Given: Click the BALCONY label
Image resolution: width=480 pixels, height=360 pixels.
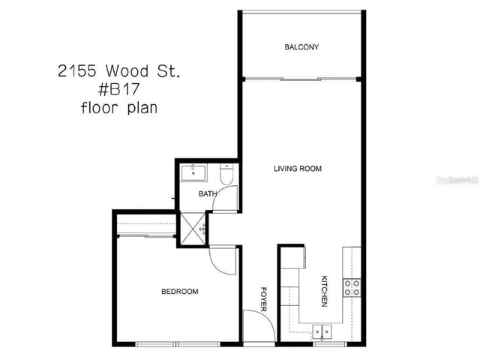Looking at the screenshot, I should [x=301, y=47].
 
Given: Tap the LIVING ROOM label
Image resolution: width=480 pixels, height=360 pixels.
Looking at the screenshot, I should [x=297, y=169].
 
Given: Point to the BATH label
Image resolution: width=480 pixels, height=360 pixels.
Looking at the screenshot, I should [x=207, y=194].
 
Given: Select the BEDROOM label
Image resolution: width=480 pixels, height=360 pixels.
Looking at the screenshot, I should [x=180, y=292].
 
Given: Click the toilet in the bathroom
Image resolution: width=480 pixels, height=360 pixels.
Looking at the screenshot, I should [x=227, y=175].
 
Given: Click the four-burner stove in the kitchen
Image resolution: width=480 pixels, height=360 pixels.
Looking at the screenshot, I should [x=352, y=286].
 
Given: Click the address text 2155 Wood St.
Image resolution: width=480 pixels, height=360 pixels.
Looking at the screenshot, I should [x=119, y=71].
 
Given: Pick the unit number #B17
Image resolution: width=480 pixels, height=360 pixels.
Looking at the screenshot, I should [x=120, y=89].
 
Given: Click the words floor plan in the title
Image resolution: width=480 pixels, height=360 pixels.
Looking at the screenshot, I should [x=120, y=107].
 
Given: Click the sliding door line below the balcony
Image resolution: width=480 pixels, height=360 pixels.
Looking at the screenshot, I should [x=301, y=78].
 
